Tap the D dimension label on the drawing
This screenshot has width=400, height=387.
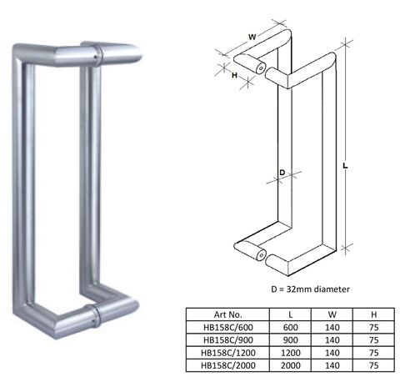tap(282, 173)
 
